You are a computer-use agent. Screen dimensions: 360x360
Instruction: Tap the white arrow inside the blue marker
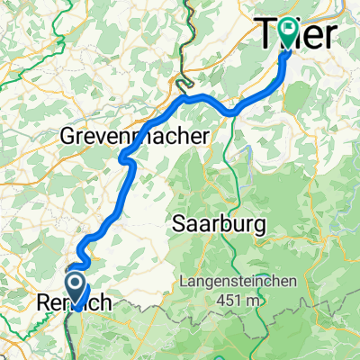pyautogui.click(x=78, y=285)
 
